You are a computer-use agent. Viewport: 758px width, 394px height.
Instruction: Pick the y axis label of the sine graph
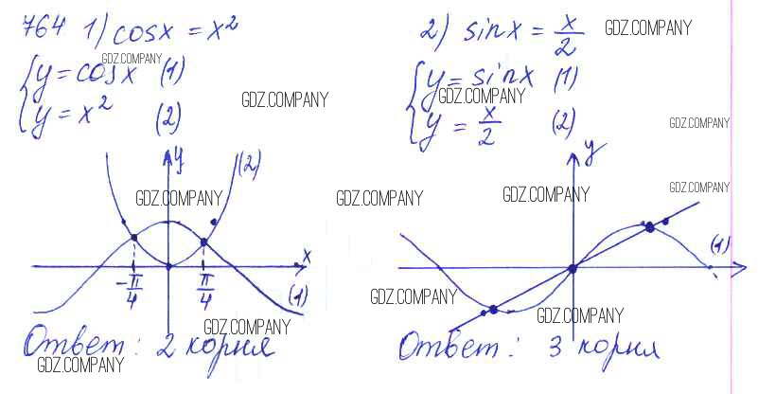point(589,149)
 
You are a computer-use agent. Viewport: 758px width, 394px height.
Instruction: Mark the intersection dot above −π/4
point(133,238)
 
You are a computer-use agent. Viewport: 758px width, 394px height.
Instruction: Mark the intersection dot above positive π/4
point(204,242)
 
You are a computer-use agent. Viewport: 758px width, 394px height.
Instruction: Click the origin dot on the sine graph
point(573,269)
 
